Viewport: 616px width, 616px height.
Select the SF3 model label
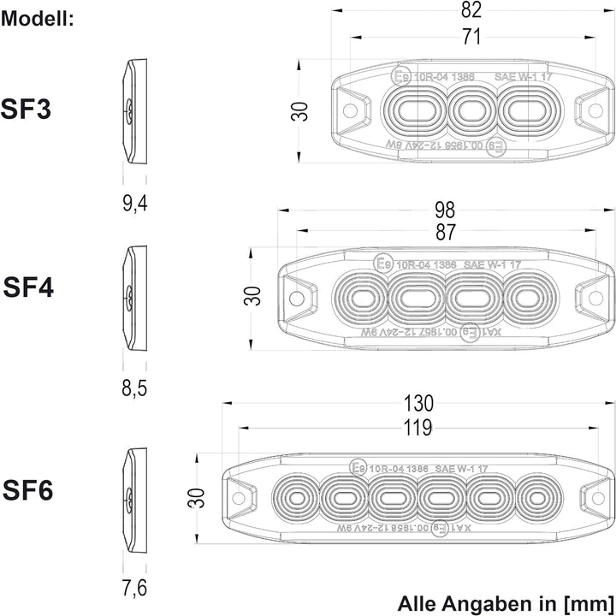click(27, 110)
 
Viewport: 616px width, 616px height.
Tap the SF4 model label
click(28, 287)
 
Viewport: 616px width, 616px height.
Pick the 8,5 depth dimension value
click(134, 389)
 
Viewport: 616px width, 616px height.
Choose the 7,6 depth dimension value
click(134, 589)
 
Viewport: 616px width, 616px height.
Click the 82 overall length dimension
click(471, 10)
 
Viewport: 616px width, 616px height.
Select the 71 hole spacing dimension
click(471, 37)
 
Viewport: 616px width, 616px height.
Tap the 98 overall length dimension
click(445, 210)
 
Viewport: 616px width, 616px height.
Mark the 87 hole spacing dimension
click(445, 232)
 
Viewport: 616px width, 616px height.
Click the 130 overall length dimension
click(418, 403)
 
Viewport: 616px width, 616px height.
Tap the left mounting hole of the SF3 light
click(349, 110)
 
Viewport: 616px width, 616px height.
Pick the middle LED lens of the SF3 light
click(471, 110)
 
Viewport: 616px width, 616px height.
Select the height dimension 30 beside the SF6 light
click(196, 498)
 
